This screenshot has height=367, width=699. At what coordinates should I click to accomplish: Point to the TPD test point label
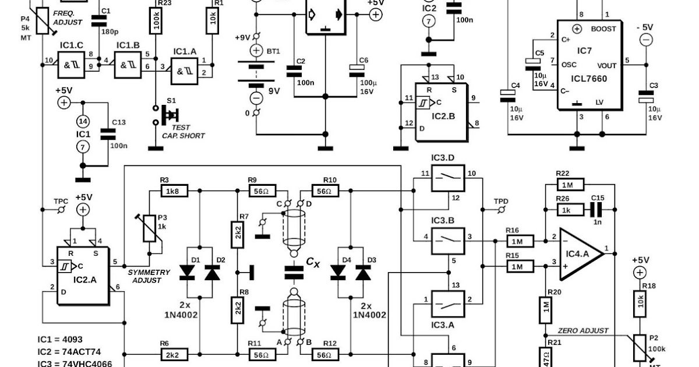pyautogui.click(x=501, y=201)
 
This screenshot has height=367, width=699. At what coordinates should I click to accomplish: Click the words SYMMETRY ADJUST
pyautogui.click(x=148, y=276)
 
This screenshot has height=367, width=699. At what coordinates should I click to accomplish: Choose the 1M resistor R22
pyautogui.click(x=566, y=185)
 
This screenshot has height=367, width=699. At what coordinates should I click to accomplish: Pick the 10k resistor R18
pyautogui.click(x=640, y=302)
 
